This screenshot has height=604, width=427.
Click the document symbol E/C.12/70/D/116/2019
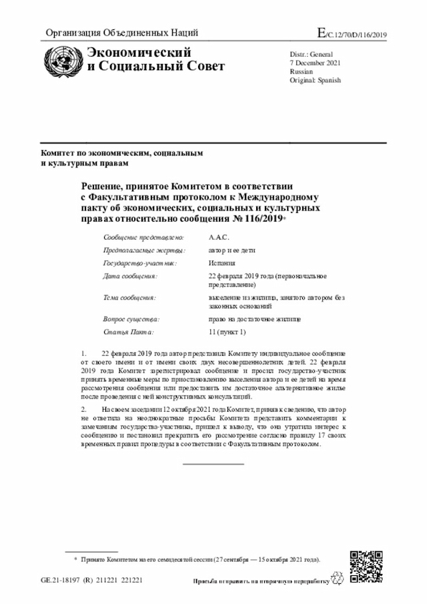pos(352,34)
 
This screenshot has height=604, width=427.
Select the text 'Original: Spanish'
pos(315,80)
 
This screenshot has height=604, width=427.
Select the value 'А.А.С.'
pos(219,237)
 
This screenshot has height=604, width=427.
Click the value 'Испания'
pos(222,263)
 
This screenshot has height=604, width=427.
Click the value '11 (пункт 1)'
pos(227,332)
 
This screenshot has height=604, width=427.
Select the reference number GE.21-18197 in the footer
pos(61,580)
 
